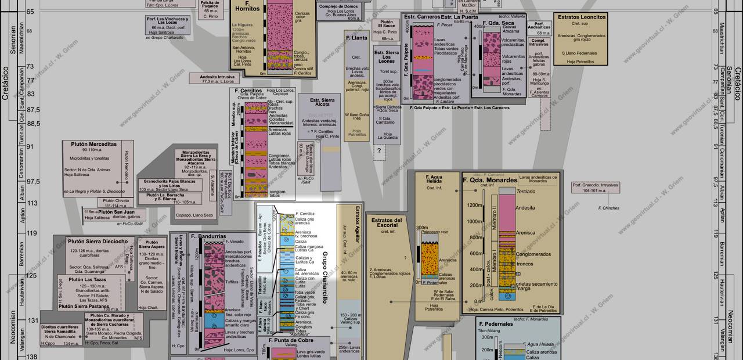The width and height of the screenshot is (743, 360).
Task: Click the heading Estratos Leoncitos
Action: tap(581, 17)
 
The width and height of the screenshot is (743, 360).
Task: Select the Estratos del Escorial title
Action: tap(387, 224)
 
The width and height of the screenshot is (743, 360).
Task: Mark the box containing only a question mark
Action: tap(380, 151)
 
